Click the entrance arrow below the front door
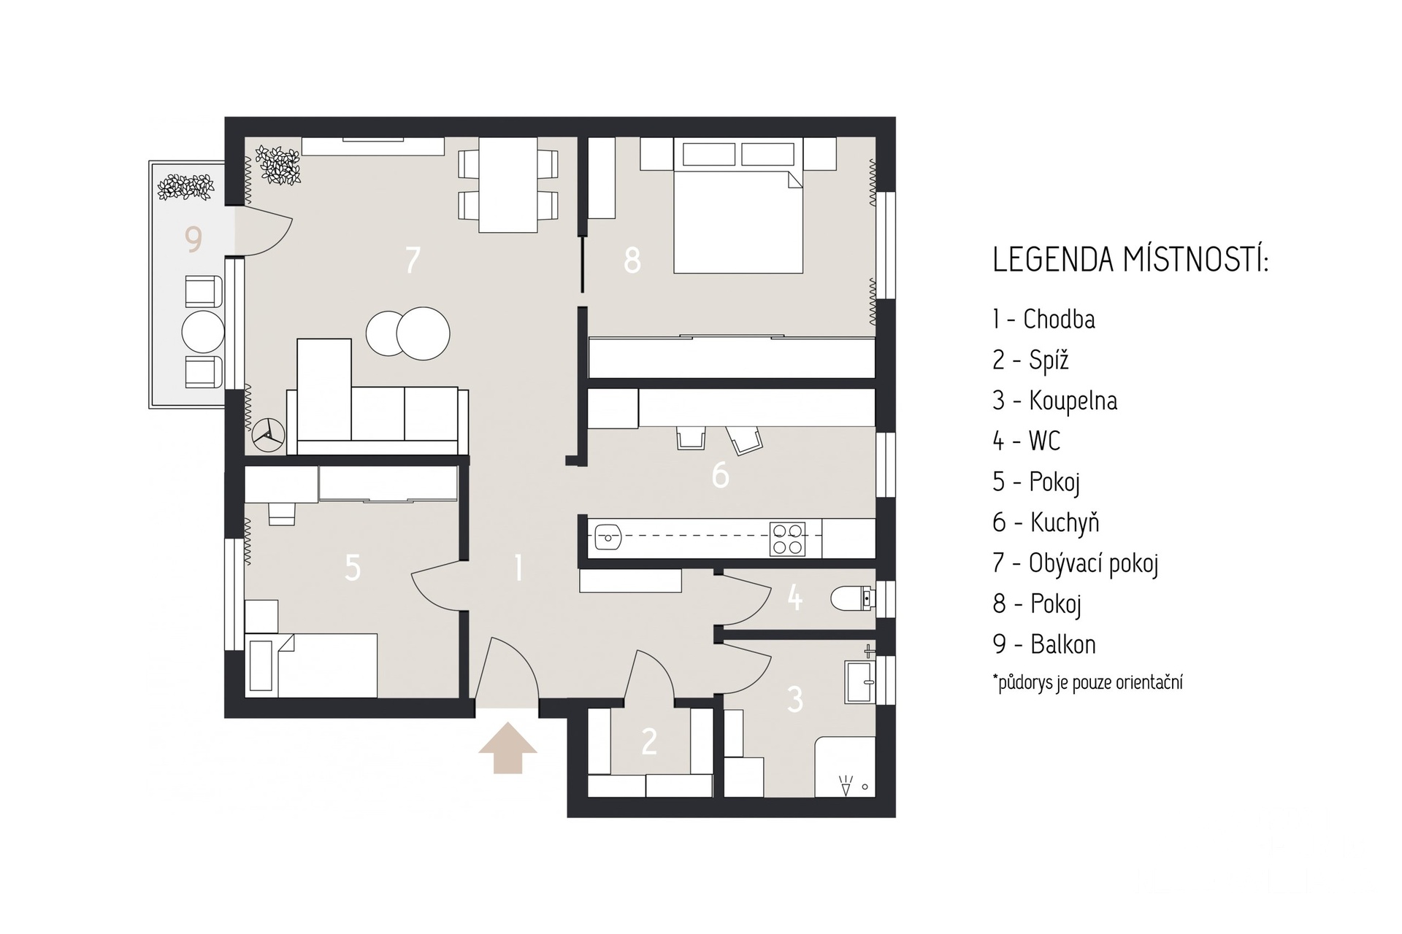[508, 748]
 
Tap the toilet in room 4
[852, 598]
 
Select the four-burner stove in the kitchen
[788, 539]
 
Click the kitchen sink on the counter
[608, 539]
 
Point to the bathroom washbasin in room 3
[859, 682]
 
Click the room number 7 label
[413, 260]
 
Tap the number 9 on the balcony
[194, 239]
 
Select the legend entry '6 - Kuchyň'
[1046, 522]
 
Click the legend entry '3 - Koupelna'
[1054, 401]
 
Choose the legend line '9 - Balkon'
[1044, 644]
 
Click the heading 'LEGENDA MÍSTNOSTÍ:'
[1130, 260]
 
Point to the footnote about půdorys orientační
[1087, 683]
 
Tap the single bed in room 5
[312, 665]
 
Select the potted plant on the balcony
[186, 187]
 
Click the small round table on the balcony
[203, 332]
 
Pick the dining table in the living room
[508, 185]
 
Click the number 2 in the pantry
[649, 741]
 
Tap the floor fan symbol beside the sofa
[268, 435]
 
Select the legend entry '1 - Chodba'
[1043, 319]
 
